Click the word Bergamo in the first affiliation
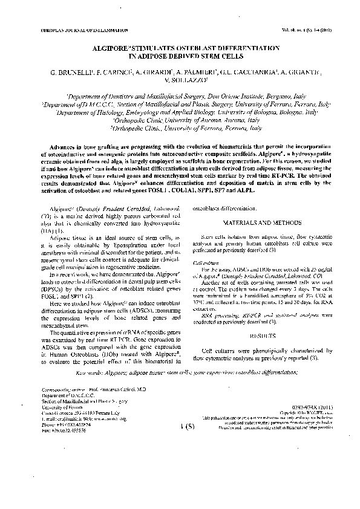262,96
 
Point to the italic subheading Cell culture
204,263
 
